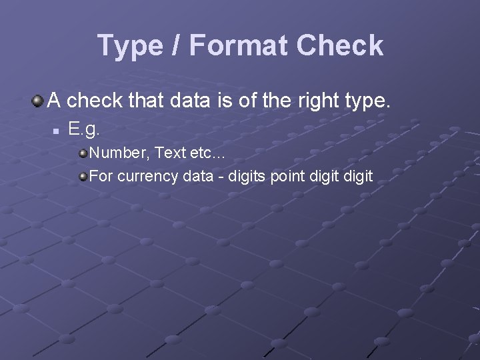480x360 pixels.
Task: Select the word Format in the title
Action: point(238,45)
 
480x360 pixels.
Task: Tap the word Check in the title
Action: point(340,45)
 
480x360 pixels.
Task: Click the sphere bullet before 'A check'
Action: point(37,101)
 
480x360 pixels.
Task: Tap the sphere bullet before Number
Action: point(83,153)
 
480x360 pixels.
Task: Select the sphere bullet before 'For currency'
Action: point(83,177)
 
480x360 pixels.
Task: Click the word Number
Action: point(119,153)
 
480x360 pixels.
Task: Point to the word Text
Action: point(170,153)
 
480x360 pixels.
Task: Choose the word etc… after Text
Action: point(208,153)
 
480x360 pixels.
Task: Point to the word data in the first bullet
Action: point(192,101)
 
